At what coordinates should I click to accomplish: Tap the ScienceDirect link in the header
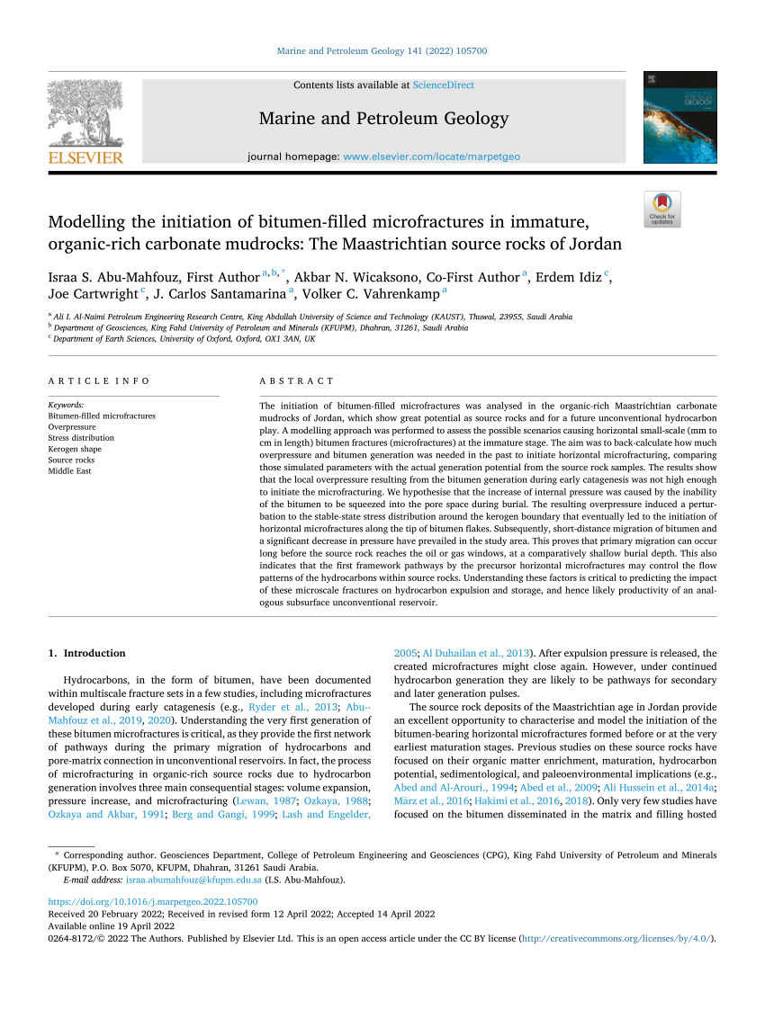click(443, 85)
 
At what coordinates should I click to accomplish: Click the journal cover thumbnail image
click(679, 117)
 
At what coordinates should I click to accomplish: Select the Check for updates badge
click(661, 210)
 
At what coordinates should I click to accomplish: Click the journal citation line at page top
click(382, 51)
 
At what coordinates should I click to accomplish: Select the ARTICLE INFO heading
click(99, 381)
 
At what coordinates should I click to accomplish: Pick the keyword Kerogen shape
click(75, 449)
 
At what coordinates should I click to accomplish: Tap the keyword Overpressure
click(73, 427)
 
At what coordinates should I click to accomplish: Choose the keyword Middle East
click(69, 470)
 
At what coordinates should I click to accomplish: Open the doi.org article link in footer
click(152, 901)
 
